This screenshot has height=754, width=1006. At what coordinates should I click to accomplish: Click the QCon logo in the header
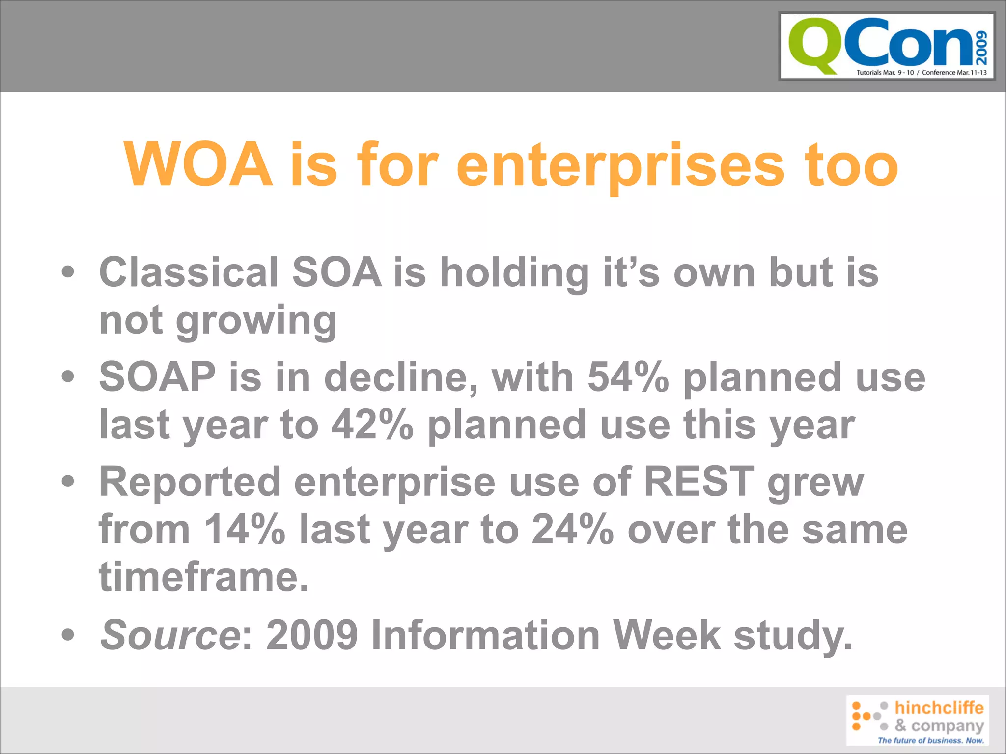pos(887,46)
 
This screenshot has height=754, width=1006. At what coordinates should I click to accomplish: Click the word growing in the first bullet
pos(256,321)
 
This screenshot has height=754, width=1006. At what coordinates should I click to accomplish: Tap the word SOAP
pos(157,377)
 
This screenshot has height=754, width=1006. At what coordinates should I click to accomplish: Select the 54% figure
pos(628,377)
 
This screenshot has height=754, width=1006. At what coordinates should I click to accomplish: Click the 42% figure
pos(372,425)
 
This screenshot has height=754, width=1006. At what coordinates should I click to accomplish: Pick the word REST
pos(699,482)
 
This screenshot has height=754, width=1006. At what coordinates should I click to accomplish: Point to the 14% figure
pos(244,530)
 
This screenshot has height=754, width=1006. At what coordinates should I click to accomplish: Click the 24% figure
pos(573,530)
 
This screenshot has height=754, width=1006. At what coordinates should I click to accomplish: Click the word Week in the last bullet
pos(667,635)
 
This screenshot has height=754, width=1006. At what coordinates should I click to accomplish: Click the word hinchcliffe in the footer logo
pos(939,708)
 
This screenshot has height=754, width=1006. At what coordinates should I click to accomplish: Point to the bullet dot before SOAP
pos(68,377)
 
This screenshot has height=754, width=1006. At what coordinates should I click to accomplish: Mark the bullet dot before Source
pos(68,634)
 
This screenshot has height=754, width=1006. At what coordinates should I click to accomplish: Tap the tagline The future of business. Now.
pos(930,740)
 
